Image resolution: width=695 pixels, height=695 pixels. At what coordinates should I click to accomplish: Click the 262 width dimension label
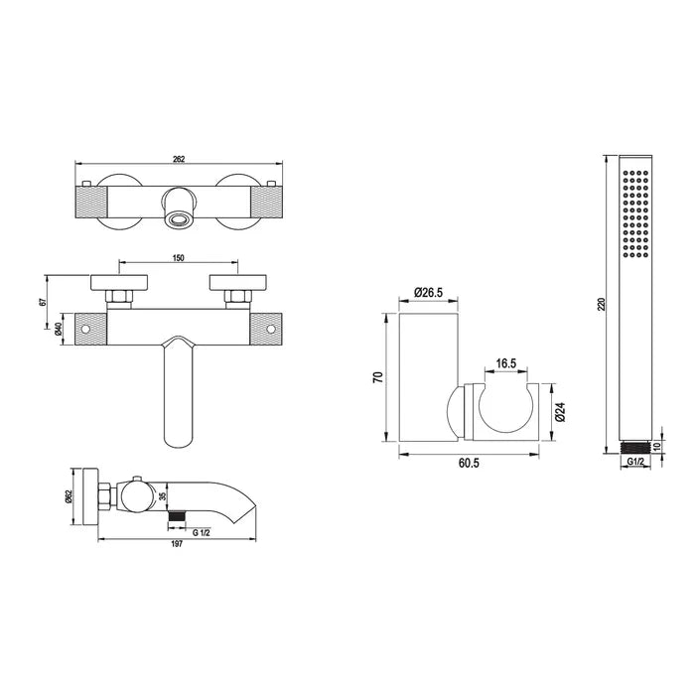[179, 159]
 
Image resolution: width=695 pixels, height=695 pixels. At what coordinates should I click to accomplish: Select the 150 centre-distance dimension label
[179, 258]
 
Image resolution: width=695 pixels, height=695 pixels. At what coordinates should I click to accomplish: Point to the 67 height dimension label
[43, 302]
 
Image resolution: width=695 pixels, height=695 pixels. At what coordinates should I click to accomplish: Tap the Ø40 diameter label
[58, 329]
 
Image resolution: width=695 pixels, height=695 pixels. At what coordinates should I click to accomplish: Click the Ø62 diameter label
[69, 496]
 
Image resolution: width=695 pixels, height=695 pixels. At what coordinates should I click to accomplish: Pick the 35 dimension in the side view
[162, 496]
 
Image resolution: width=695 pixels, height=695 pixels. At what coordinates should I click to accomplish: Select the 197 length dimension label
[177, 545]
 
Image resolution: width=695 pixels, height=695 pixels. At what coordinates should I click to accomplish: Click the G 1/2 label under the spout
[202, 533]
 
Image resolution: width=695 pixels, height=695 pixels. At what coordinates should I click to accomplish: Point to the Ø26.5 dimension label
[429, 292]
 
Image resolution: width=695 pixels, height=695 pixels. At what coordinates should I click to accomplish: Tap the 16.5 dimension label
[506, 363]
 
